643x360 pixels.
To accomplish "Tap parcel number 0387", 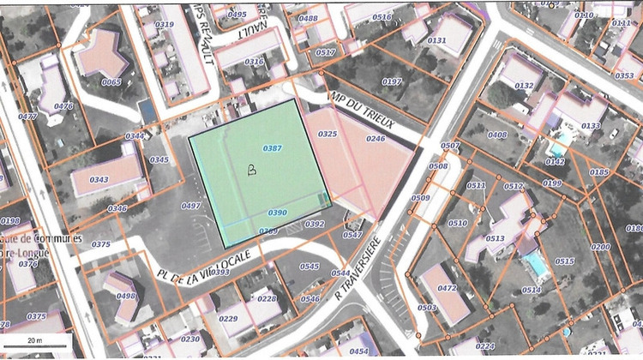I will tap(273, 148).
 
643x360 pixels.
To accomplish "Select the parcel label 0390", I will tap(277, 213).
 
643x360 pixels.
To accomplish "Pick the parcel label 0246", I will tap(376, 138).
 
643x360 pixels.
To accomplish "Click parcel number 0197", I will tap(392, 81).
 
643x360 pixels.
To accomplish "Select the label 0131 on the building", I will tap(437, 40).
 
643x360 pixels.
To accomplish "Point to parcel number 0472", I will tap(448, 289).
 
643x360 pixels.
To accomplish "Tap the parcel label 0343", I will tap(99, 180).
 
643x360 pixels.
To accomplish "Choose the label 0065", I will tap(111, 82).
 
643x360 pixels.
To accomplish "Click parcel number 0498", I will tap(125, 296).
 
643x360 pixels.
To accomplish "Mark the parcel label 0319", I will tap(164, 25).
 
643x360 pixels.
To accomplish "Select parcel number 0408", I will tap(497, 135).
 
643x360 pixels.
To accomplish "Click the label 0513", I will tap(495, 239).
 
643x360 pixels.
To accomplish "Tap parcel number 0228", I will tap(267, 298).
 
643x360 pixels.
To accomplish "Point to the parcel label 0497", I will tap(191, 206).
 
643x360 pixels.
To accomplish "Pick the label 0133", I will tap(591, 126).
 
